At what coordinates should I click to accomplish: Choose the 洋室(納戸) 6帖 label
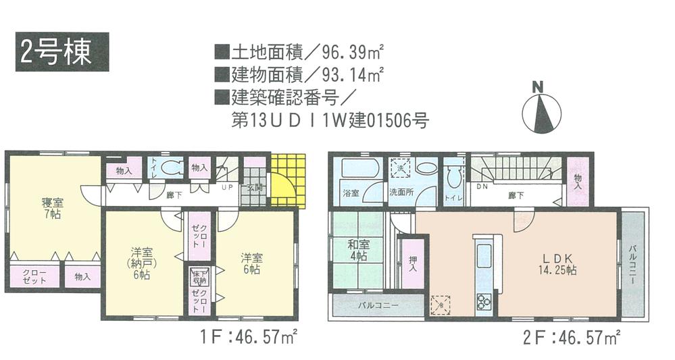click(x=141, y=265)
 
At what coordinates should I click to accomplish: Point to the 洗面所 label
click(x=401, y=192)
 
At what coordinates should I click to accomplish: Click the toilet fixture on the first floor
click(x=174, y=169)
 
